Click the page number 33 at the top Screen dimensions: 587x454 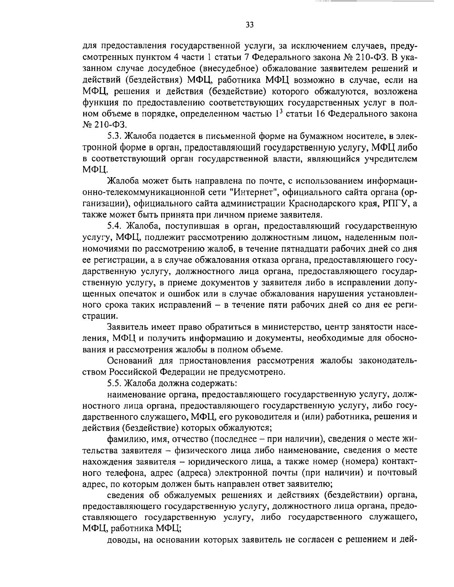pos(249,25)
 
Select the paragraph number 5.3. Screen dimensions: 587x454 pos(115,135)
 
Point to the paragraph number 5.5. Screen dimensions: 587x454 pos(115,383)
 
